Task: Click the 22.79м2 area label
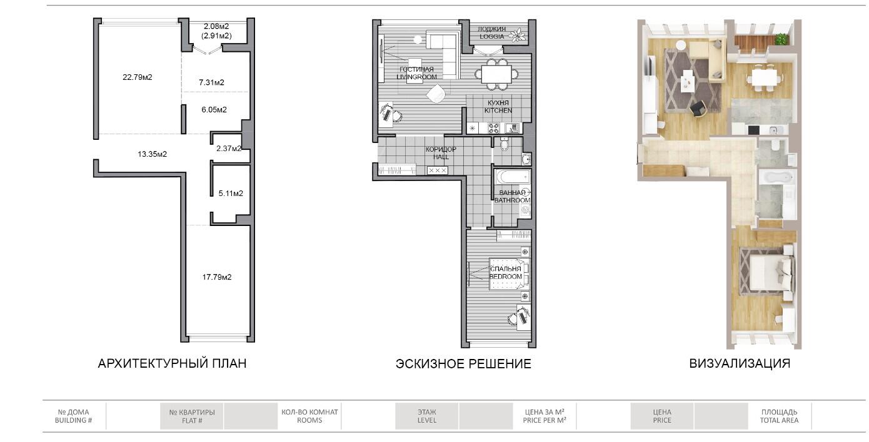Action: [138, 77]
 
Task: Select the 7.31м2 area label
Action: [211, 82]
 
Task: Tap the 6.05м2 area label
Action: [214, 110]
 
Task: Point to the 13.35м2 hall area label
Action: [152, 154]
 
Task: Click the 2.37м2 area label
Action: [229, 149]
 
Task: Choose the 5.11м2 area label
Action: [231, 194]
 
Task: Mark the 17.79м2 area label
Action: [217, 277]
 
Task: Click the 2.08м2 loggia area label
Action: [216, 26]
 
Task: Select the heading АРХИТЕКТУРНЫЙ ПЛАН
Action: [173, 363]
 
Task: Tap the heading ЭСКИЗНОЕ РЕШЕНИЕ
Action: [463, 364]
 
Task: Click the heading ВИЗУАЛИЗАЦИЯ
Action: [740, 363]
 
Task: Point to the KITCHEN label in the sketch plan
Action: [498, 110]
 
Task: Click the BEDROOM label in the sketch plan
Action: [506, 277]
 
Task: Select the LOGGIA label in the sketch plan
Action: [491, 36]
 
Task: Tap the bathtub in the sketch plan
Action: [513, 177]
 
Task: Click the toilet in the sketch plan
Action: [505, 144]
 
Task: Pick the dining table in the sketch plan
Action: [496, 74]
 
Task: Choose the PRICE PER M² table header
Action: [545, 420]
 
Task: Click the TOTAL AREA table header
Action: [779, 420]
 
